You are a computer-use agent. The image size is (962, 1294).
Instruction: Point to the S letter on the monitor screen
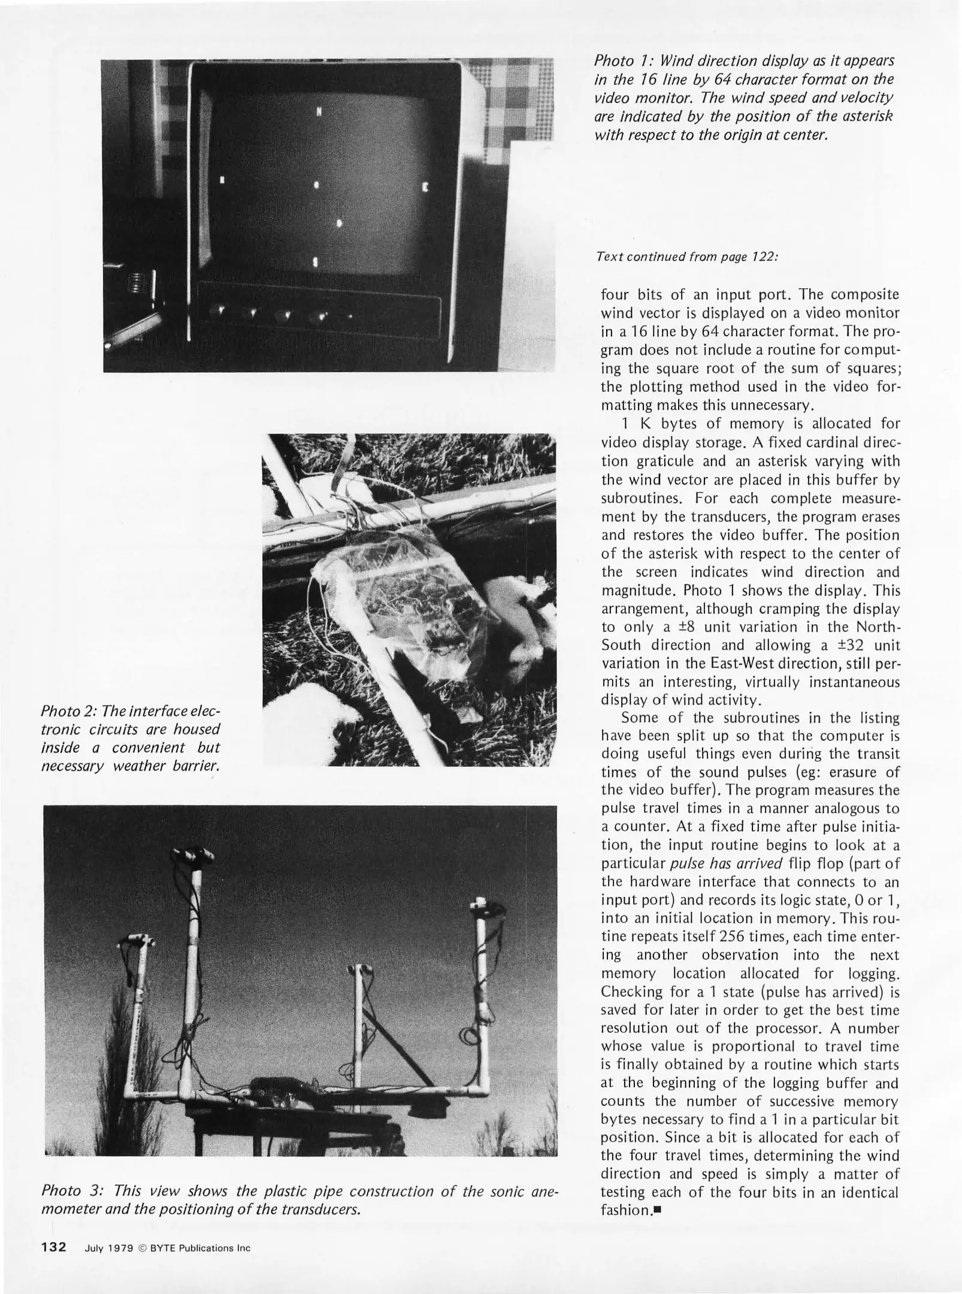tap(316, 261)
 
